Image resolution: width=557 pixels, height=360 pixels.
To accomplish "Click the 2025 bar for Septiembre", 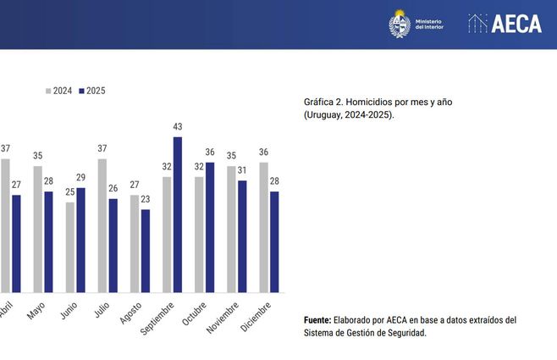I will click(x=178, y=215).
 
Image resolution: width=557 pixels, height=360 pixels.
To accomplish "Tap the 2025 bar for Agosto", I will click(x=146, y=251).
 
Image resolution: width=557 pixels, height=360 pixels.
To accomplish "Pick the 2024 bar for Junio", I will click(x=70, y=247).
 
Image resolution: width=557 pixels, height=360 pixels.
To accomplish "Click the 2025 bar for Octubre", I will click(x=210, y=227).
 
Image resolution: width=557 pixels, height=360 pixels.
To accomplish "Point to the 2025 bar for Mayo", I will click(x=48, y=241).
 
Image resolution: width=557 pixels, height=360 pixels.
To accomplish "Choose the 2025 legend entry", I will click(x=91, y=91).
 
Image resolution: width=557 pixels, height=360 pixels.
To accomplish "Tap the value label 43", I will click(x=178, y=127).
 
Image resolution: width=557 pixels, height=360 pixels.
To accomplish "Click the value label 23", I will click(x=146, y=200).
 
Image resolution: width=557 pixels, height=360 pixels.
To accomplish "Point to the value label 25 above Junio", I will click(x=70, y=192).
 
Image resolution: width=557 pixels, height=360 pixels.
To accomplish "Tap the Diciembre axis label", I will click(x=256, y=316).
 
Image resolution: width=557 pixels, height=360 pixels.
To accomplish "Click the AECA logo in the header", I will click(x=505, y=24).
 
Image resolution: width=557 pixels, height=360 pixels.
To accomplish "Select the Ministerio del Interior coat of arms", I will click(x=400, y=24).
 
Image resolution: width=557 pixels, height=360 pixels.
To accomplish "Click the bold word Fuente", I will click(x=318, y=320).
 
